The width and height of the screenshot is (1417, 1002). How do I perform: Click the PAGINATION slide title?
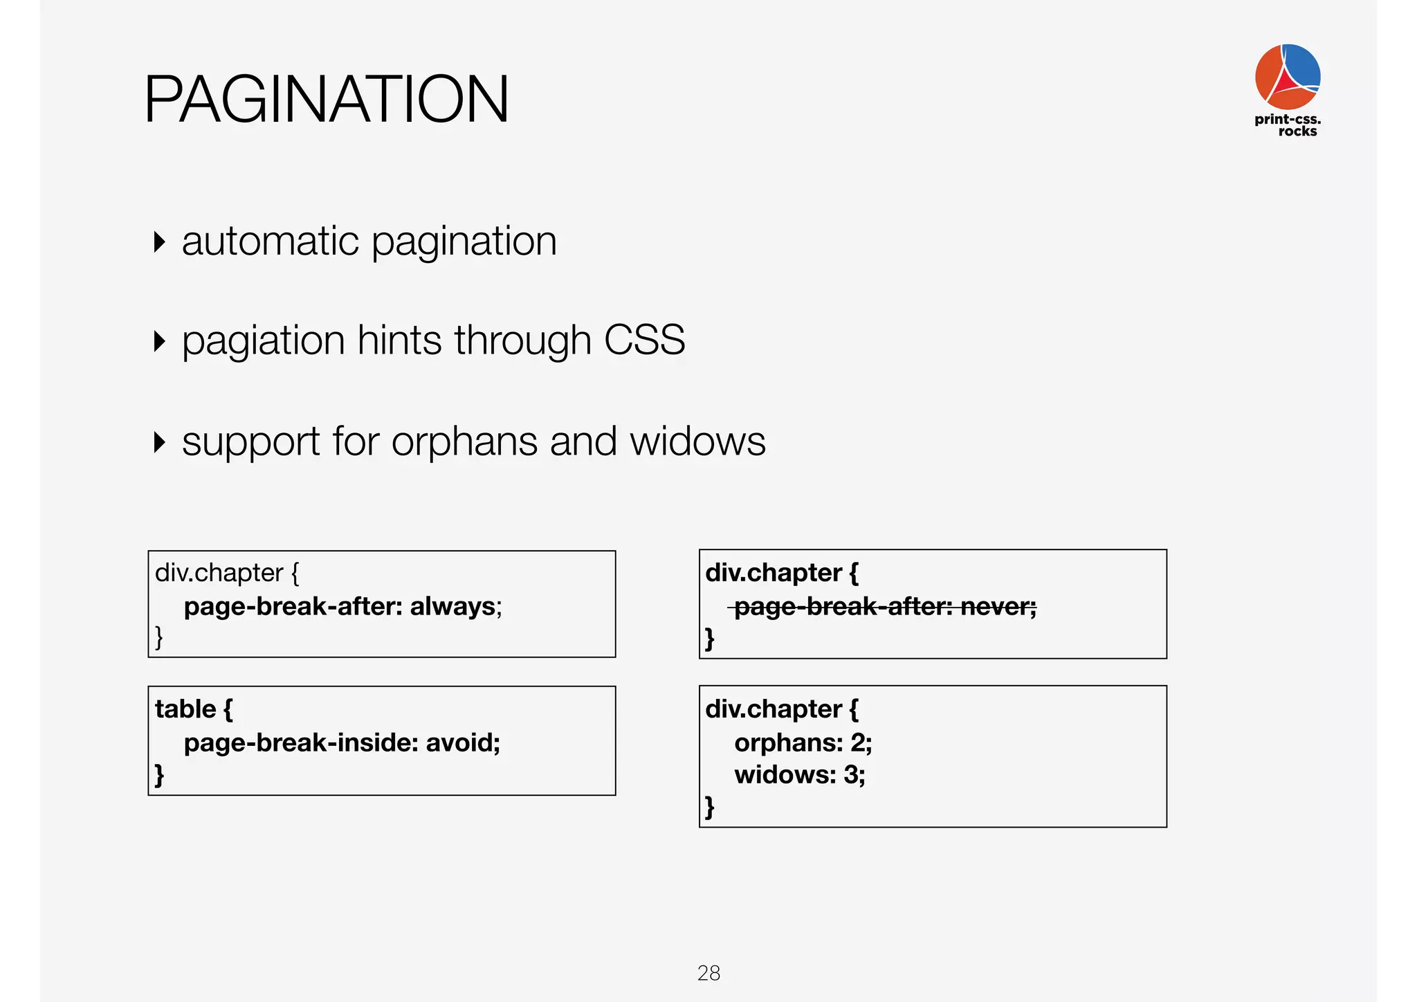click(326, 100)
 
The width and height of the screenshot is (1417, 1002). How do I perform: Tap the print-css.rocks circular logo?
click(1287, 76)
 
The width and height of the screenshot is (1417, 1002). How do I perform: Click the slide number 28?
click(708, 973)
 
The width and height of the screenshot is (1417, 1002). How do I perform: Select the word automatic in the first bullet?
click(271, 242)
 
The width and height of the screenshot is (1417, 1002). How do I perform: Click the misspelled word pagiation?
click(263, 341)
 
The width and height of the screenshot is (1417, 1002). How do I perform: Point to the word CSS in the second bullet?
click(644, 340)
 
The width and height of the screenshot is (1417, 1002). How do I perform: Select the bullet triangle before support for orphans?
click(160, 442)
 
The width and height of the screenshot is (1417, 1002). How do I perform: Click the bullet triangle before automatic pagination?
click(160, 242)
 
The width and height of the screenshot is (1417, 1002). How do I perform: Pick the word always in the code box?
click(453, 606)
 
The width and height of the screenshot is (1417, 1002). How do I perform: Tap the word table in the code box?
click(185, 709)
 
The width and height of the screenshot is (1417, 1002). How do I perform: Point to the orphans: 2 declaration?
click(803, 743)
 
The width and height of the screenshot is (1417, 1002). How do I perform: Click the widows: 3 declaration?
click(799, 774)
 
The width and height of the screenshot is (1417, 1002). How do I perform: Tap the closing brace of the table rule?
click(159, 774)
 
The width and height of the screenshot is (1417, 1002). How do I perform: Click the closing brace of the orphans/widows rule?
click(709, 807)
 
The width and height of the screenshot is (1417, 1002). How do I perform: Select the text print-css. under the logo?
click(1287, 119)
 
